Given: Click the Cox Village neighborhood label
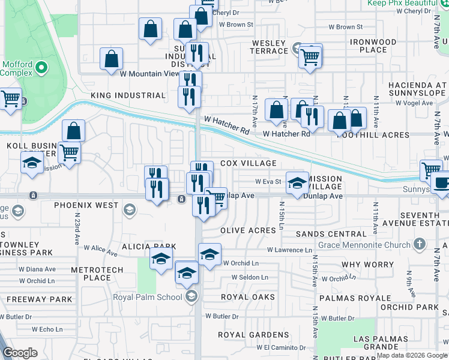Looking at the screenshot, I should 249,163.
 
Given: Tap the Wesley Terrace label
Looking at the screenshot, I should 270,47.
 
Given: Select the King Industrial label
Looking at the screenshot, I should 128,95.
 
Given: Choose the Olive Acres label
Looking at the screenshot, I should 248,230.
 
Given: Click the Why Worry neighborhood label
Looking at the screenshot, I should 367,265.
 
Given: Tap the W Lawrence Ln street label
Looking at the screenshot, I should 290,250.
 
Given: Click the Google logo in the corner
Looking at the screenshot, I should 20,352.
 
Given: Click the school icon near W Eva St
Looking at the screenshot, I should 297,183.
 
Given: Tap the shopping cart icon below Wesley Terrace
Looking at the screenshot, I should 310,57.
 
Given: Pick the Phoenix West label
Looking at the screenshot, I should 86,205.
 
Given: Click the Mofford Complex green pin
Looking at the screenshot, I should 41,68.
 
